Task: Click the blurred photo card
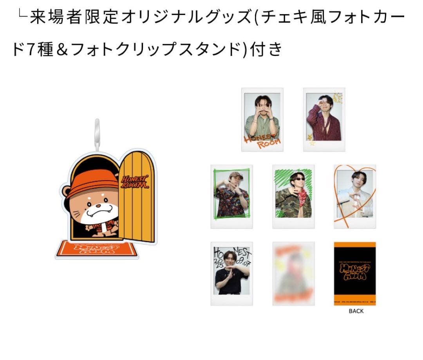[293, 273]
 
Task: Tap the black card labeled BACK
[355, 273]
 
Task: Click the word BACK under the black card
[356, 311]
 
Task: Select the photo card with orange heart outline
[355, 196]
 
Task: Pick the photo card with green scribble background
[293, 196]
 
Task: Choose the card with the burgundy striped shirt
[324, 119]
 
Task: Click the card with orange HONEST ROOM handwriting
[262, 119]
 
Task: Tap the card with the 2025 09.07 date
[231, 273]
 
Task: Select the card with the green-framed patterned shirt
[231, 196]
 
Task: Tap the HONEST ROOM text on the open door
[135, 181]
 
